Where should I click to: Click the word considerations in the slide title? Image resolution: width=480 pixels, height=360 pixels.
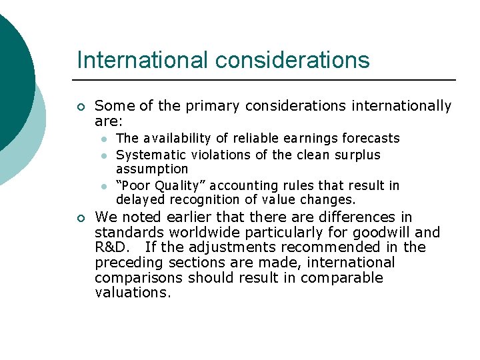tap(292, 60)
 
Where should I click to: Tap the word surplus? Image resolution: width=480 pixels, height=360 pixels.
tap(357, 155)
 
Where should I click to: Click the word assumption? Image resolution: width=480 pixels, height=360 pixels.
tap(152, 169)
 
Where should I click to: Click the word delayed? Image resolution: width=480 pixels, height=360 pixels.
tap(141, 199)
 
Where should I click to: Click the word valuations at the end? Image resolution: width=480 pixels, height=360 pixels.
tap(133, 292)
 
